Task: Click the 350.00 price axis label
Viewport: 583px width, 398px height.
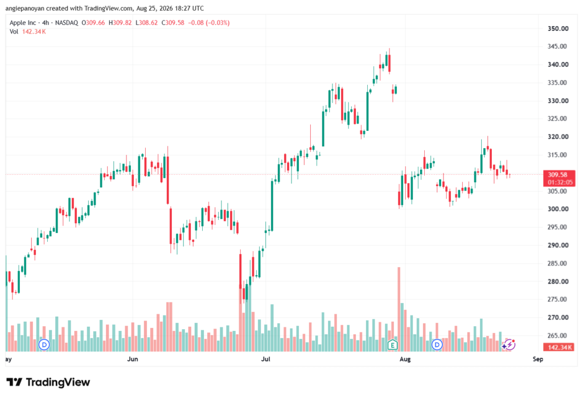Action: tap(558, 28)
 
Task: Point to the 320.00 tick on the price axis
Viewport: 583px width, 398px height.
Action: tap(558, 137)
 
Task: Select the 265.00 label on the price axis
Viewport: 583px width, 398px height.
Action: tap(558, 335)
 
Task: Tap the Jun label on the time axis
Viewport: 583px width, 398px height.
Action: tap(132, 359)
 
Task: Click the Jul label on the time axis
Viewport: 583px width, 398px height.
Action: tap(265, 359)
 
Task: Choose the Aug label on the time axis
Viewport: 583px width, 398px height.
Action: tap(405, 359)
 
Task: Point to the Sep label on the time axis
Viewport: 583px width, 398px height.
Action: tap(537, 359)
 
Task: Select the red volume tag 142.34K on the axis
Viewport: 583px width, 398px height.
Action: tap(559, 347)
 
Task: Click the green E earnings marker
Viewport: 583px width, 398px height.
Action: tap(393, 345)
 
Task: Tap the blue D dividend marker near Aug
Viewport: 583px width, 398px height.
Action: tap(437, 345)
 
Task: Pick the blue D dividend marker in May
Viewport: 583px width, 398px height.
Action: tap(44, 345)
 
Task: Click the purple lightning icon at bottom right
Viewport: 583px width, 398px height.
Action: tap(508, 345)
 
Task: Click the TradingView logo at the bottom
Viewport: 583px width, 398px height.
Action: tap(48, 382)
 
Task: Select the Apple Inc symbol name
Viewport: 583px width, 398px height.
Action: tap(23, 23)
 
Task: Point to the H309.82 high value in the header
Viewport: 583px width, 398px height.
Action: tap(120, 23)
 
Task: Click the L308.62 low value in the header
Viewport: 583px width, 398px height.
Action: tap(146, 23)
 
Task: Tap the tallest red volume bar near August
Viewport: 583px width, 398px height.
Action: tap(399, 309)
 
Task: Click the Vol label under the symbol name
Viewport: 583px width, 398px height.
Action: tap(14, 32)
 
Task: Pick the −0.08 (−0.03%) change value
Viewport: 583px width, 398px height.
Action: tap(208, 23)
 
